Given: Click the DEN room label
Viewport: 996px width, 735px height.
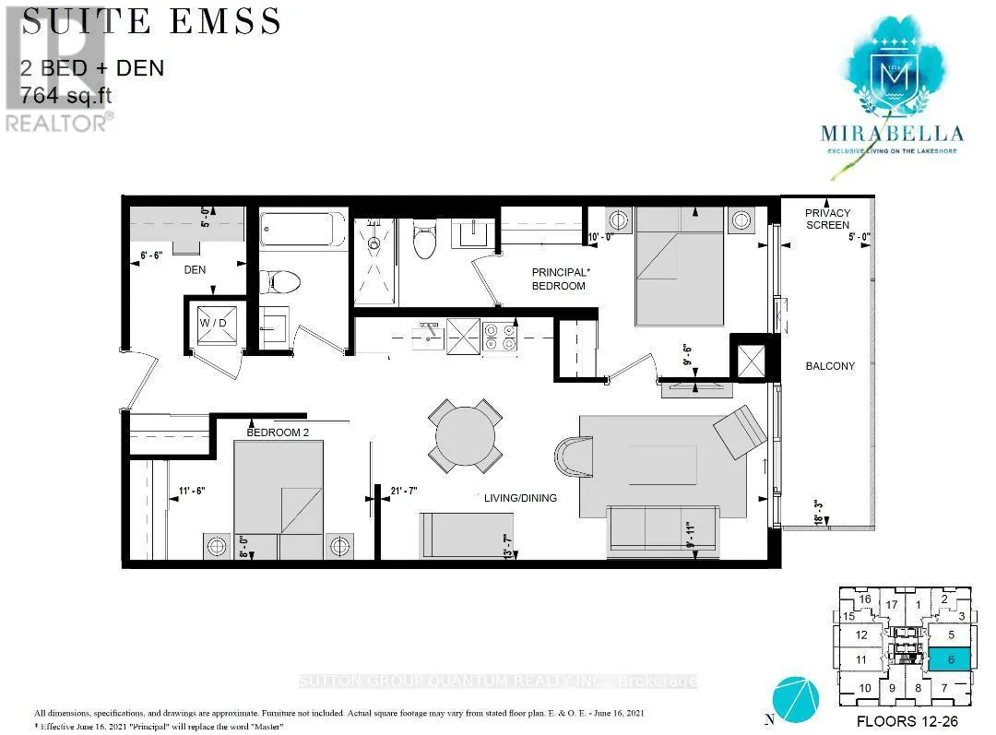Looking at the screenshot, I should point(194,270).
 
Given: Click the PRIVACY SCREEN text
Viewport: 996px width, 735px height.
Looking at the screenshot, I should point(827,219).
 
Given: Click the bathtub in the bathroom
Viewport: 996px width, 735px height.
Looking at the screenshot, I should point(302,228).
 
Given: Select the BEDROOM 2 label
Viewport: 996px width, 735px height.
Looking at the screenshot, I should point(279,432).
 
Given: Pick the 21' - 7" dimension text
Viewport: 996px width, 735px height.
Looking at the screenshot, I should point(404,490).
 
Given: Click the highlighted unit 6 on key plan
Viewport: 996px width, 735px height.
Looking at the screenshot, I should point(949,658).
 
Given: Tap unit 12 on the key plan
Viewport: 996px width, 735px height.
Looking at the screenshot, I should point(861,634).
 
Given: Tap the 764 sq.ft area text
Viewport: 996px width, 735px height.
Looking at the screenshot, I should point(70,94).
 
